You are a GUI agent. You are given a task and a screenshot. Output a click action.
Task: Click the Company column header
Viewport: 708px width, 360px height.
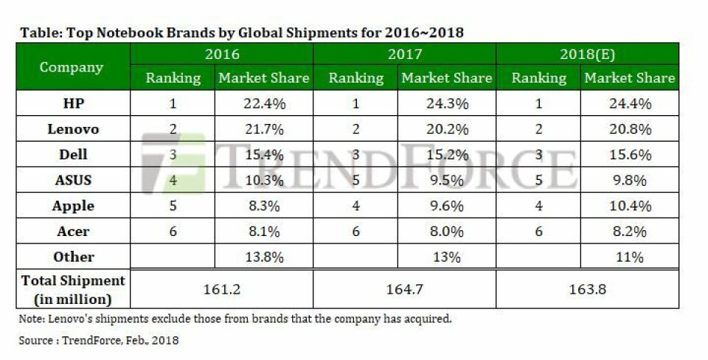click(x=72, y=66)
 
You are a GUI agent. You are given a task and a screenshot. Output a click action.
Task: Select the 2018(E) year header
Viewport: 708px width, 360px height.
click(x=587, y=55)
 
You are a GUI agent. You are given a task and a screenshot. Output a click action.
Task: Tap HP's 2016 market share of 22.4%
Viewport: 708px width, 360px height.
click(x=263, y=104)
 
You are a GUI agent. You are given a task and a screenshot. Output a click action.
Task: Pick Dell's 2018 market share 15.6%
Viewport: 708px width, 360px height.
click(x=629, y=155)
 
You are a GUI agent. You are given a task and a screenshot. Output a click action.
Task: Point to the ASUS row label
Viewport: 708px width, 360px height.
click(x=73, y=180)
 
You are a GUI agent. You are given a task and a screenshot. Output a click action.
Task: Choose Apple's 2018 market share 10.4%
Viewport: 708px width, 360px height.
click(x=629, y=206)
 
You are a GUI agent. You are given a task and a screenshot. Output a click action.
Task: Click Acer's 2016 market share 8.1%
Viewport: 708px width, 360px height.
click(x=263, y=232)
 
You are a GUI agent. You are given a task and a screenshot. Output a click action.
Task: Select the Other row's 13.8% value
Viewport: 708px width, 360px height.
click(x=263, y=257)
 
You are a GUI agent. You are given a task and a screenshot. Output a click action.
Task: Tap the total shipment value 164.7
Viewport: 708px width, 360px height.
click(x=405, y=289)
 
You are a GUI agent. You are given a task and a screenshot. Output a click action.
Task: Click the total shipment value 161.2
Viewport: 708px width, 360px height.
click(x=222, y=289)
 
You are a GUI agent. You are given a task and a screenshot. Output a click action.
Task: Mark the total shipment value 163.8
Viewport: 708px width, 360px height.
click(x=587, y=289)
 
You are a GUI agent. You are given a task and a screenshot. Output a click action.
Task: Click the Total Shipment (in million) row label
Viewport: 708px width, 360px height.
click(x=73, y=289)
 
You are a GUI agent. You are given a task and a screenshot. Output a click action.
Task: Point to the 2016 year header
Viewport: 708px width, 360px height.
click(x=222, y=55)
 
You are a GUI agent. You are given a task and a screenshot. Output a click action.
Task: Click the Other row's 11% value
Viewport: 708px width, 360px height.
click(x=629, y=257)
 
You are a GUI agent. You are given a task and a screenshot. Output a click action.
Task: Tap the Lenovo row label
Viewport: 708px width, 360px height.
click(x=73, y=129)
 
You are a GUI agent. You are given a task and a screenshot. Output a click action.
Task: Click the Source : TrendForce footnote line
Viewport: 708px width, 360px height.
click(x=99, y=341)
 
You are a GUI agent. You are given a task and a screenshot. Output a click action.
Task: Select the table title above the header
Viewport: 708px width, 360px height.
click(x=241, y=32)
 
